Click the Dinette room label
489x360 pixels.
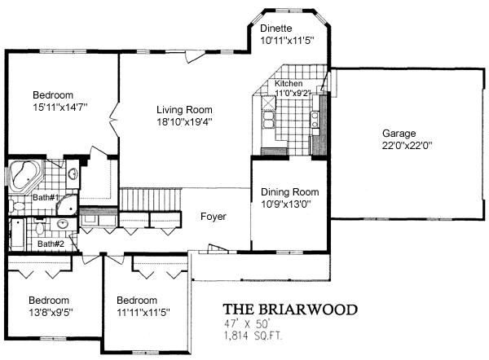[x=276, y=29]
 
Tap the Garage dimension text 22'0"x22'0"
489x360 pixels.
[x=407, y=146]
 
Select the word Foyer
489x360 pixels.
[x=214, y=217]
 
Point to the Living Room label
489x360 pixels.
[x=184, y=110]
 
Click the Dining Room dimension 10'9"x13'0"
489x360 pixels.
[x=286, y=204]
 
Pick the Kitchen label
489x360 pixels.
[x=289, y=84]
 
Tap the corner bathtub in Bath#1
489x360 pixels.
[x=24, y=175]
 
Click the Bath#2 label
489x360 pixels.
[x=51, y=244]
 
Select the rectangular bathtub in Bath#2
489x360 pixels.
[x=17, y=234]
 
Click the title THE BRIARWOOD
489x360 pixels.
[x=290, y=310]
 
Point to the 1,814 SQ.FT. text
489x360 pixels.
[x=253, y=336]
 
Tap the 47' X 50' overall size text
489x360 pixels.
[x=246, y=324]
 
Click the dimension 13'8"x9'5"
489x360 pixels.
[x=51, y=312]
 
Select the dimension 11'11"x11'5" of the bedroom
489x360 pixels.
[x=143, y=312]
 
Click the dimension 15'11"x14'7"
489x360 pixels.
[x=59, y=108]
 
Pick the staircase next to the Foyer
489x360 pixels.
[x=150, y=200]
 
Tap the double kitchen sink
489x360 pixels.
[x=268, y=120]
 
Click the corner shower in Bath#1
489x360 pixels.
[x=67, y=205]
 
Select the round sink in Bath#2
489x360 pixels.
[x=64, y=223]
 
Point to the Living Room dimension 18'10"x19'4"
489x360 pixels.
[x=184, y=122]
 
